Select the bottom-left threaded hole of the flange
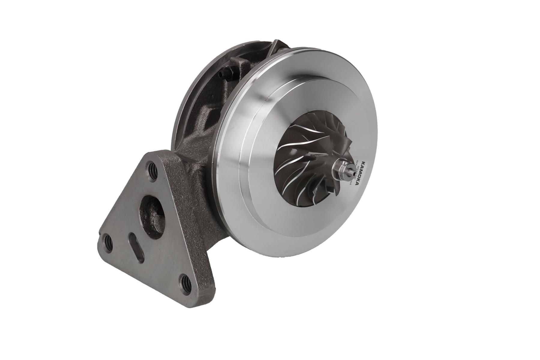(107, 241)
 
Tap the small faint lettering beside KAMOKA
(353, 177)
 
